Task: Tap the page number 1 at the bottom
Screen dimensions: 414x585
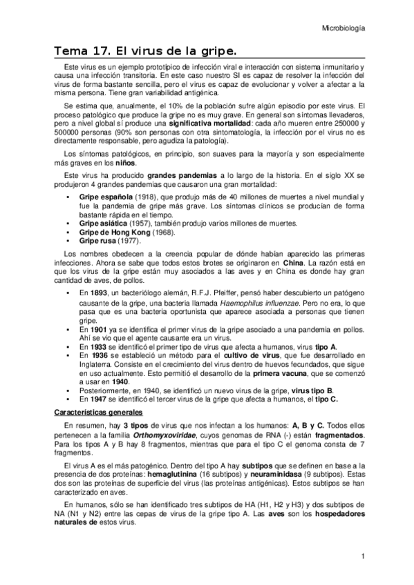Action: [x=362, y=556]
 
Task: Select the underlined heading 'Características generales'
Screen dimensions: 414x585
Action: [x=97, y=412]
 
